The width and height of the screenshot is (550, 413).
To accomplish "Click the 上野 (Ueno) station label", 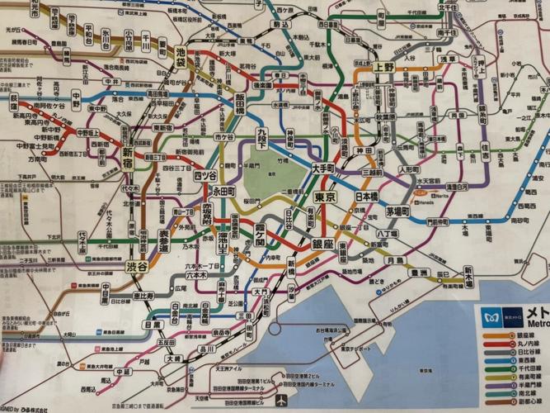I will point(383,68).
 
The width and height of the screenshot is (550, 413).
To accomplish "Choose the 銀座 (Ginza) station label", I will point(322,244).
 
